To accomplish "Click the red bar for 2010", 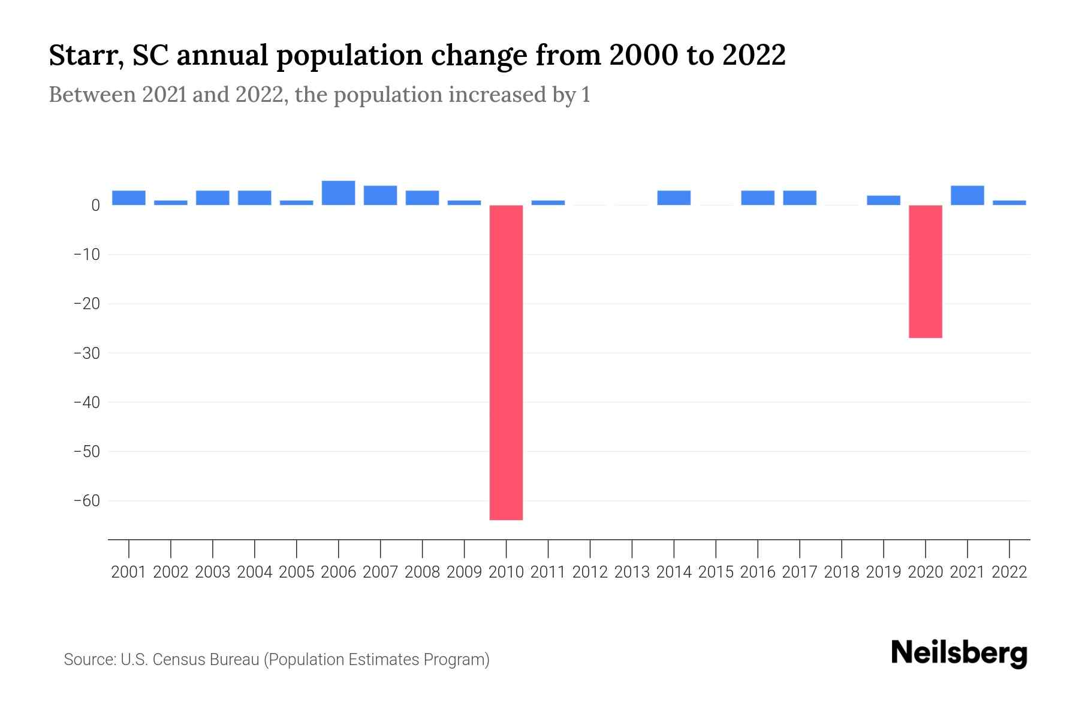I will [506, 362].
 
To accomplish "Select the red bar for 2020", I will [925, 271].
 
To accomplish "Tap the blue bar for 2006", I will [338, 193].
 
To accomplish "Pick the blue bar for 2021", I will [967, 195].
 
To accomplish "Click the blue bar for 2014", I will [674, 198].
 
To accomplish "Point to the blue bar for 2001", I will [129, 198].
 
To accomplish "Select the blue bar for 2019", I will [883, 200].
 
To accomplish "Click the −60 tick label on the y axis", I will [86, 501].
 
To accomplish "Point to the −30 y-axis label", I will [86, 354].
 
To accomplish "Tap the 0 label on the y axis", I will [95, 206].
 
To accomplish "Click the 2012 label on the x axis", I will [590, 572].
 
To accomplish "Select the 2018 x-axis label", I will [841, 572].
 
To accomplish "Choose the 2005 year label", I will [297, 572].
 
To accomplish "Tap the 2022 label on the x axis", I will [1009, 572].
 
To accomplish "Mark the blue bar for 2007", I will [380, 195].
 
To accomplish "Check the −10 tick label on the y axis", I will [86, 255].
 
